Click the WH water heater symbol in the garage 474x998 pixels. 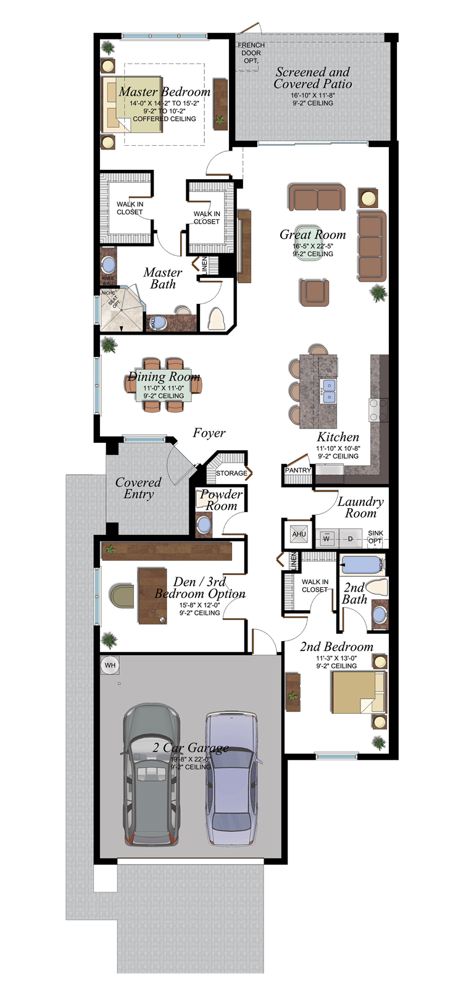110,665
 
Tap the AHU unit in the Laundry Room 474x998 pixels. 299,534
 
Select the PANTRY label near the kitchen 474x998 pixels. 298,470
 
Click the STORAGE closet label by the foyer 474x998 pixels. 231,473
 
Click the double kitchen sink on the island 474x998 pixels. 329,392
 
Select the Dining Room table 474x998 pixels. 164,385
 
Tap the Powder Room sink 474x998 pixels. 204,525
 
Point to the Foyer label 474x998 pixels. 209,433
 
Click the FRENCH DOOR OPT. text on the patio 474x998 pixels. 251,53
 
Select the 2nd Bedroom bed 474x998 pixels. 358,692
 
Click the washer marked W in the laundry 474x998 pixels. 326,538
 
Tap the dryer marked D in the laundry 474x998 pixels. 350,538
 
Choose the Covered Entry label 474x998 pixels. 138,488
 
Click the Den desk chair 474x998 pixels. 122,597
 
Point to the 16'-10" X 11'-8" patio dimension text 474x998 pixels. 313,96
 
